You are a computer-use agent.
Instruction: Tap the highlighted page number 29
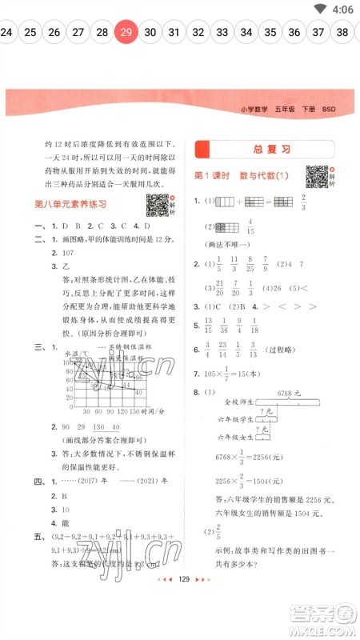pos(126,32)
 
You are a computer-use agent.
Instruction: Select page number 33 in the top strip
pos(222,32)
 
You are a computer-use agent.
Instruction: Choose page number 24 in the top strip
pos(6,32)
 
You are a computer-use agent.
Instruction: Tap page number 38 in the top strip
pos(342,32)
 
